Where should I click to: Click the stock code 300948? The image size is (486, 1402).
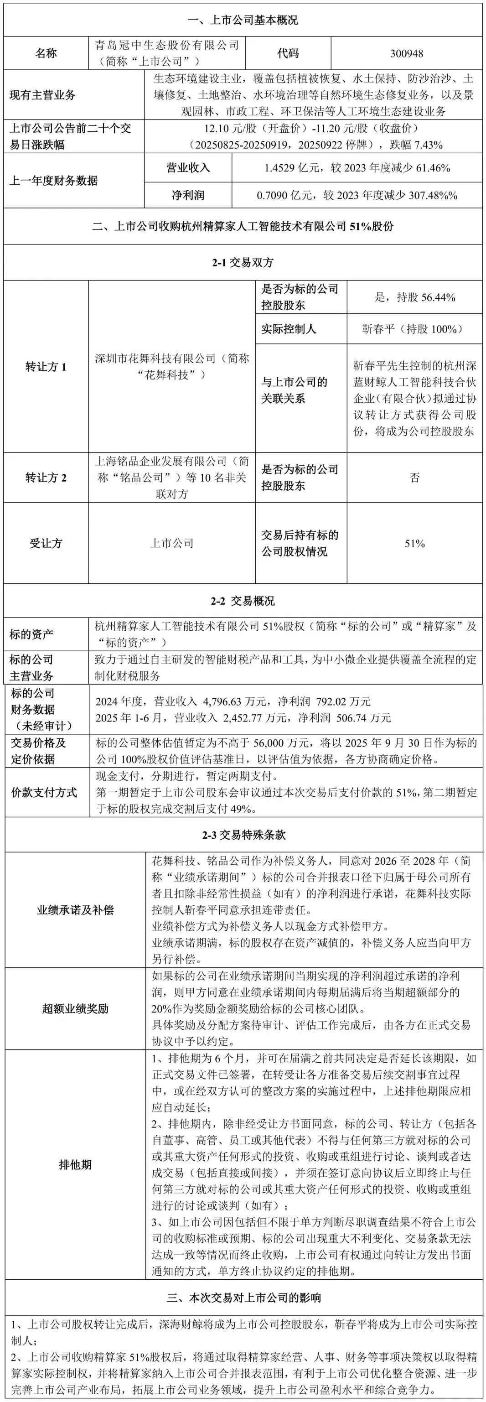point(407,53)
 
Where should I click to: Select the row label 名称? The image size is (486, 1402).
point(46,53)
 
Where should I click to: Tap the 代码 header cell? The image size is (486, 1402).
point(288,53)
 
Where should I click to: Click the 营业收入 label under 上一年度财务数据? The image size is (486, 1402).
point(188,168)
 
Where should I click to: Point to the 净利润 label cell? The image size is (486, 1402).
point(188,195)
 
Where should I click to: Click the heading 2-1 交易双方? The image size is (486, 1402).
point(243,263)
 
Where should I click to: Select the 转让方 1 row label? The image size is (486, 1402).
point(46,367)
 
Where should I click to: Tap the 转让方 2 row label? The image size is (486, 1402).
point(46,478)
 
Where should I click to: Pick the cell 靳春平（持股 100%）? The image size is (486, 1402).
point(415,329)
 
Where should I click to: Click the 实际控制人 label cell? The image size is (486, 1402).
point(289,329)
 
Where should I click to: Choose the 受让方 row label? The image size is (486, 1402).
point(46,543)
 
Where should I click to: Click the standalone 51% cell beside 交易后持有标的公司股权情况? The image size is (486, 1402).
point(415,543)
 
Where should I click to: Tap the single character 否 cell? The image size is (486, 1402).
point(415,478)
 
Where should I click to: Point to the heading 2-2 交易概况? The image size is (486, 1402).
point(243,601)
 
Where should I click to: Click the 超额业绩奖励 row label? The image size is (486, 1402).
point(75,1008)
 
